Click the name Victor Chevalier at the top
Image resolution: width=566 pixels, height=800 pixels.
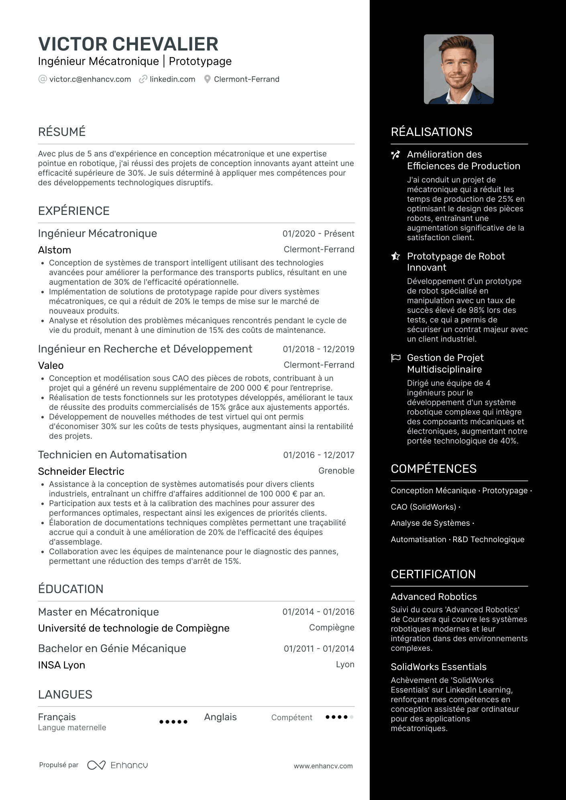pyautogui.click(x=128, y=44)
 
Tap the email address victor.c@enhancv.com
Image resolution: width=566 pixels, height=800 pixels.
pyautogui.click(x=90, y=79)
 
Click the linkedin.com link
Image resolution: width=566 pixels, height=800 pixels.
pyautogui.click(x=172, y=79)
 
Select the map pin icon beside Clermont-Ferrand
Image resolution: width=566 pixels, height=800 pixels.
pyautogui.click(x=207, y=79)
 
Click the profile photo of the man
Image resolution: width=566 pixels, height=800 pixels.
pyautogui.click(x=458, y=69)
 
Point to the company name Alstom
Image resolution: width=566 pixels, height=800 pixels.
pyautogui.click(x=55, y=250)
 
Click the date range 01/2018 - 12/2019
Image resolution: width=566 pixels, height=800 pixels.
pyautogui.click(x=318, y=349)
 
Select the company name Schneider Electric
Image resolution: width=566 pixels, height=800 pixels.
pyautogui.click(x=81, y=472)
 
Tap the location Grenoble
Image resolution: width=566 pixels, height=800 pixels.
pyautogui.click(x=336, y=471)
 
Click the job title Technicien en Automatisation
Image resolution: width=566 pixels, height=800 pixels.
pyautogui.click(x=112, y=455)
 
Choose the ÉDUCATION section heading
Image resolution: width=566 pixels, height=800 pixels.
pyautogui.click(x=71, y=589)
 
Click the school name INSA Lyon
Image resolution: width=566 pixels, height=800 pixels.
pyautogui.click(x=61, y=665)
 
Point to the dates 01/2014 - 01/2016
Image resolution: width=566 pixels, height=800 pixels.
pyautogui.click(x=318, y=612)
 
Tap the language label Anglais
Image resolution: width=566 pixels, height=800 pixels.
pyautogui.click(x=220, y=717)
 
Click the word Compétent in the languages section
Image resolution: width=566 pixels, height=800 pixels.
pyautogui.click(x=291, y=717)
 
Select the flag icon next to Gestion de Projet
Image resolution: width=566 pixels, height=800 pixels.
pyautogui.click(x=396, y=358)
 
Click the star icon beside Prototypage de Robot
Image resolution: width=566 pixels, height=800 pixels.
pyautogui.click(x=396, y=256)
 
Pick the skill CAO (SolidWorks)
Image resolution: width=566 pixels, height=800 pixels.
pyautogui.click(x=423, y=507)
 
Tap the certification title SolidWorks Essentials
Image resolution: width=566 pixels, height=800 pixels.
pyautogui.click(x=438, y=667)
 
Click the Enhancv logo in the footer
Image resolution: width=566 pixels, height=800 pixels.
pyautogui.click(x=118, y=766)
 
